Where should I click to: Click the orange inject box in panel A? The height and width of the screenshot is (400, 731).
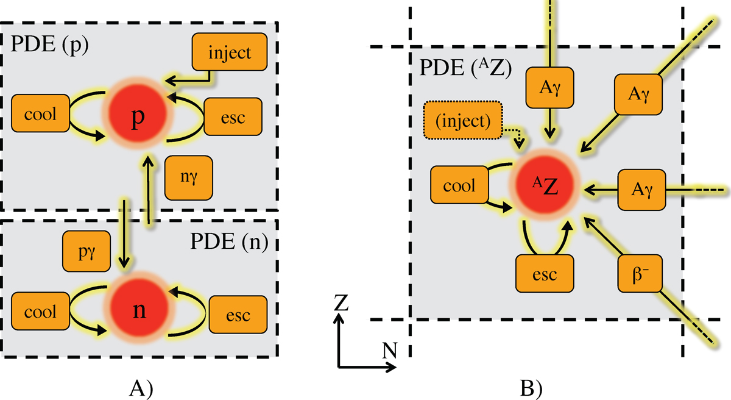coord(230,52)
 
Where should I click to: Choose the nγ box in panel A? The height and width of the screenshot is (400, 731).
coord(189,174)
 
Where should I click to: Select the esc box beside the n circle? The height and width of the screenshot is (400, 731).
coord(238,315)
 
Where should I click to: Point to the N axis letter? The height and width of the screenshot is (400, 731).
coord(388,350)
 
